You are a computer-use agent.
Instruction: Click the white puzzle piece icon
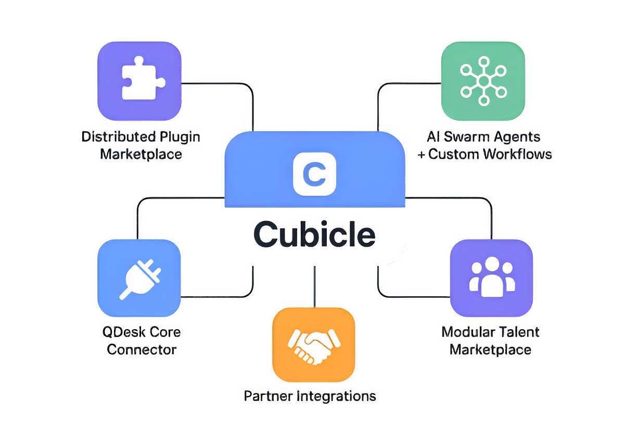pyautogui.click(x=142, y=78)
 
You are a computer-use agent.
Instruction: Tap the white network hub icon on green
pyautogui.click(x=483, y=81)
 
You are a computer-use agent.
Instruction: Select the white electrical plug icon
pyautogui.click(x=140, y=280)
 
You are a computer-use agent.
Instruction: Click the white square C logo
pyautogui.click(x=314, y=174)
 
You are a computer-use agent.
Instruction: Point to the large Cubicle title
pyautogui.click(x=314, y=234)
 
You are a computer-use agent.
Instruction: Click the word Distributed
pyautogui.click(x=119, y=136)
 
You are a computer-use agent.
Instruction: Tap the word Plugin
pyautogui.click(x=180, y=137)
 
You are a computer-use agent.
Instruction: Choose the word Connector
pyautogui.click(x=142, y=349)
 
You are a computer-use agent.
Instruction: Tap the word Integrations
pyautogui.click(x=336, y=397)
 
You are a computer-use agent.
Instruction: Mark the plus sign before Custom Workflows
pyautogui.click(x=422, y=155)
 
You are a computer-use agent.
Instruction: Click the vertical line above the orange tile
pyautogui.click(x=314, y=286)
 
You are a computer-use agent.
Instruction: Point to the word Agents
pyautogui.click(x=517, y=137)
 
